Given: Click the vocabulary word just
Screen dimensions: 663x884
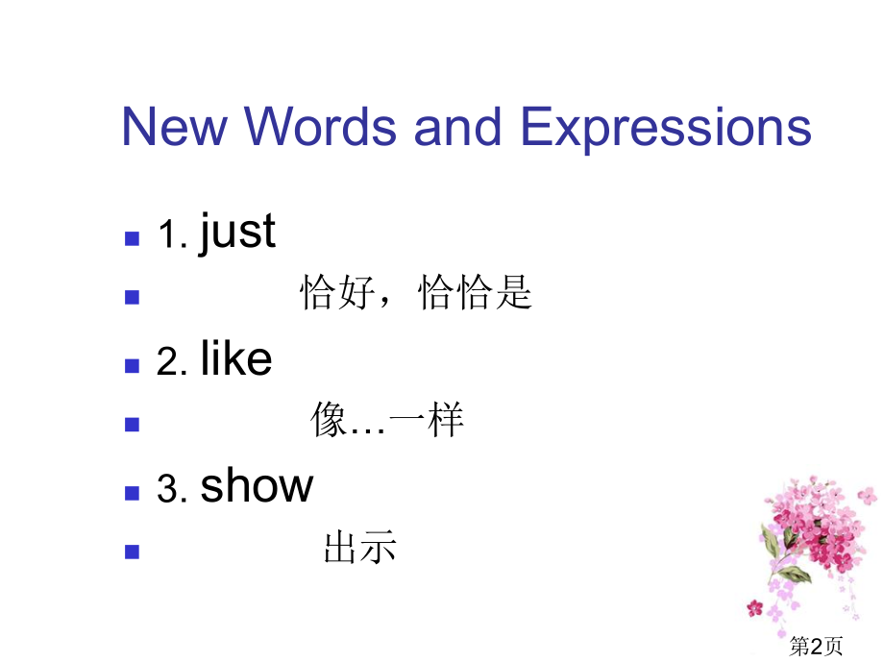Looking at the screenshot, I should coord(237,233).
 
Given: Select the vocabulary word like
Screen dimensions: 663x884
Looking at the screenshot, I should coord(236,359).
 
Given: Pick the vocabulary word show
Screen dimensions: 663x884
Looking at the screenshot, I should coord(257,487).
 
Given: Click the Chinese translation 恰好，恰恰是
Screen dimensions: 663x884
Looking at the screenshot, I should coord(416,293).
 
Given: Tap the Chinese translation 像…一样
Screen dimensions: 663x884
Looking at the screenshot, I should coord(387,421).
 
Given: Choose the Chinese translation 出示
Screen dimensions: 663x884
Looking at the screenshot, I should coord(360,549).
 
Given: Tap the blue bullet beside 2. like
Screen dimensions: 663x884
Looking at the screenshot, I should coord(133,365).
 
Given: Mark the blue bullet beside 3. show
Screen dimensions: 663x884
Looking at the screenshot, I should coord(133,492).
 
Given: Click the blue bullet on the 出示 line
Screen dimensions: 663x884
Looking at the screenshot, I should coord(133,552).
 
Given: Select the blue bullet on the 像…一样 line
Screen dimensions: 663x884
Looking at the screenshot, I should coord(133,424).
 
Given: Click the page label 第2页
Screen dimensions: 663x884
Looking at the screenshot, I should coord(816,647).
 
